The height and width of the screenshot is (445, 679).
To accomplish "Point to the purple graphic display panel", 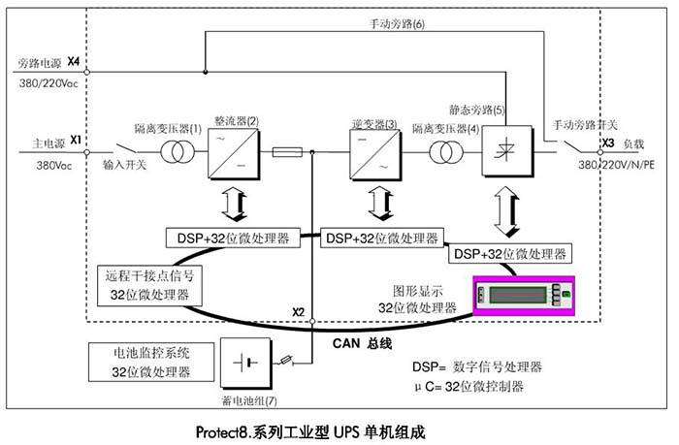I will tap(523, 296).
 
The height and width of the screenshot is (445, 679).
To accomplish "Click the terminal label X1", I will tap(76, 140).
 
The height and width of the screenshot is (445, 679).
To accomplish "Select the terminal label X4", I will tap(74, 62).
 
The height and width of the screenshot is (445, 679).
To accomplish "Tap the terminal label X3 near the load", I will tap(607, 143).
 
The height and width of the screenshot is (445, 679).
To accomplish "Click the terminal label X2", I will tap(299, 312).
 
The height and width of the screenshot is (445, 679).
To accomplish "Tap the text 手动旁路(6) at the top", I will tap(398, 23).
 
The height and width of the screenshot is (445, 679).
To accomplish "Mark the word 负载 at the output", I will tap(634, 143).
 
